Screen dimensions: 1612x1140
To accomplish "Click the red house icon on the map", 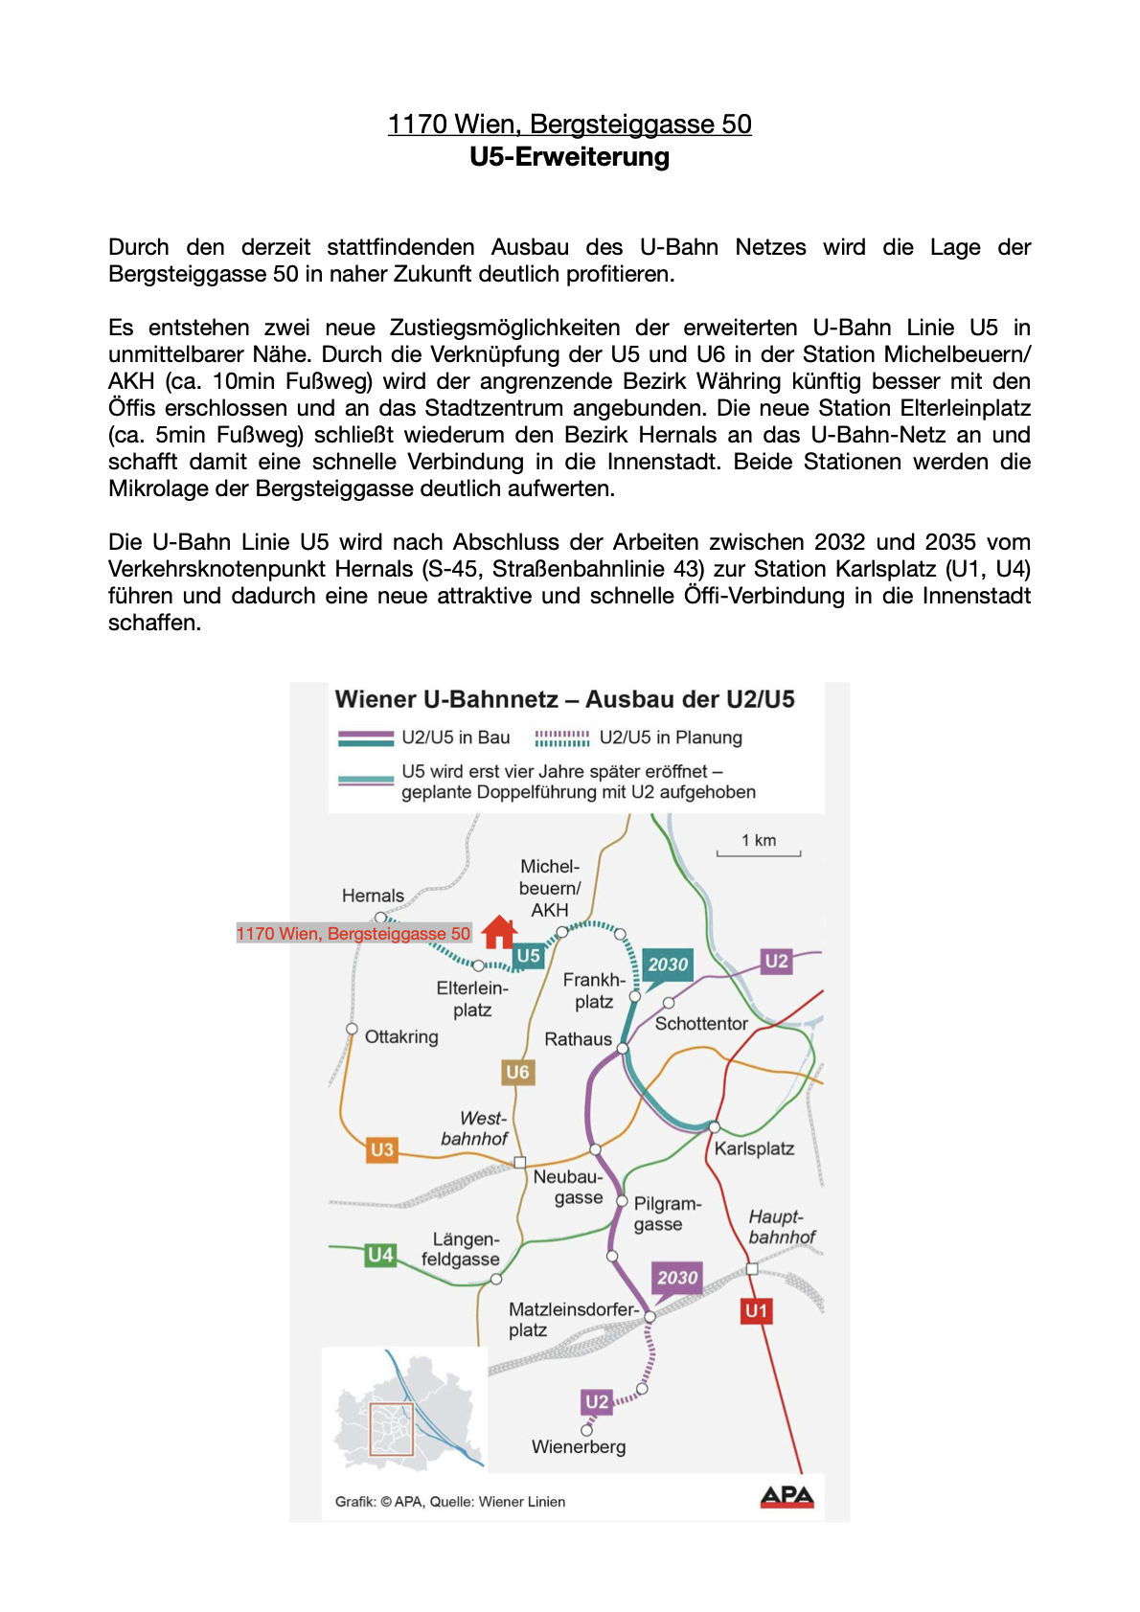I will pos(499,931).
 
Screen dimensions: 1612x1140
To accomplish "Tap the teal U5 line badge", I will pos(528,955).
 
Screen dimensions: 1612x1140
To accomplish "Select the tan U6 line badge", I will pos(517,1072).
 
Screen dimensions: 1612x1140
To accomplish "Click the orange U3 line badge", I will pos(381,1149).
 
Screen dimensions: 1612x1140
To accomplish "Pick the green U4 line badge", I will pos(380,1255).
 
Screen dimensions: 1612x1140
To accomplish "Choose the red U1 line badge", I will pos(756,1310).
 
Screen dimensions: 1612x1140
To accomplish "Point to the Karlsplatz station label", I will pos(754,1148).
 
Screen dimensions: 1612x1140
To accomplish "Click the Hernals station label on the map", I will pos(373,896).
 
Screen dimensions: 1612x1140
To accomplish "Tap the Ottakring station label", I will pos(401,1036).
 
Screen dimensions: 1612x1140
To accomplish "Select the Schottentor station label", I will pos(701,1023).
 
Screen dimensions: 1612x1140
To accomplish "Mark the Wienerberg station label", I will pos(579,1446).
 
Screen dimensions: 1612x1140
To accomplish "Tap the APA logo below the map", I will pos(787,1496).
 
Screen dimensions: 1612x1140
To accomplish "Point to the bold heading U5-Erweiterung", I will pos(569,157).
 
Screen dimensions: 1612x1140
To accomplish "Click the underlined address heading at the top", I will pos(569,125).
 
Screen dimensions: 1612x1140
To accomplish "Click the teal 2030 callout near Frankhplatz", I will pos(668,965).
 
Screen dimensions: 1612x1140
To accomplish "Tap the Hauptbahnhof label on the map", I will pos(781,1227).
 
